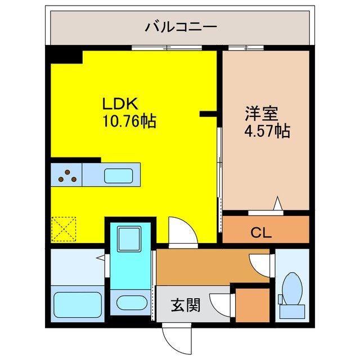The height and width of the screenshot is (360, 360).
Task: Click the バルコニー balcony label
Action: tap(181, 26)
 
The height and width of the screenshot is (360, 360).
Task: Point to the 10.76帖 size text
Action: tap(129, 120)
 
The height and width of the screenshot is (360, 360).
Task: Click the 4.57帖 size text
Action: tap(267, 132)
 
